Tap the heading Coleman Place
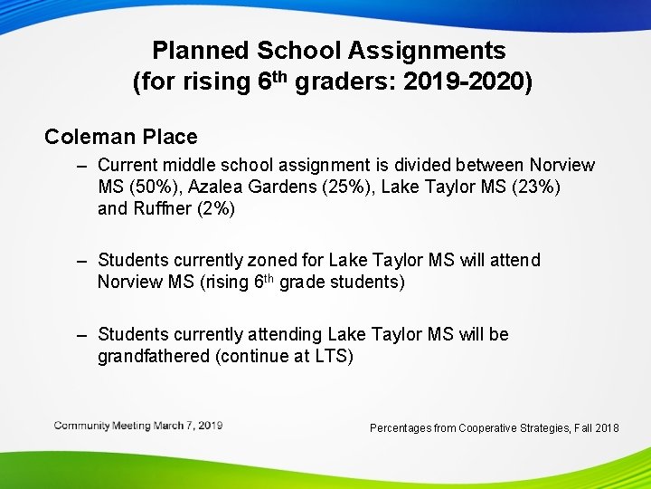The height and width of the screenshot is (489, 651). click(121, 137)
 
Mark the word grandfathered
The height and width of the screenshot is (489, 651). click(154, 356)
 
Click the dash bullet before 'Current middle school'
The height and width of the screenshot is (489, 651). click(82, 166)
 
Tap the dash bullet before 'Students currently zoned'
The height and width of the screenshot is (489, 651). click(82, 261)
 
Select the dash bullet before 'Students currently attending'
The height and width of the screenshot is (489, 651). click(82, 334)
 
